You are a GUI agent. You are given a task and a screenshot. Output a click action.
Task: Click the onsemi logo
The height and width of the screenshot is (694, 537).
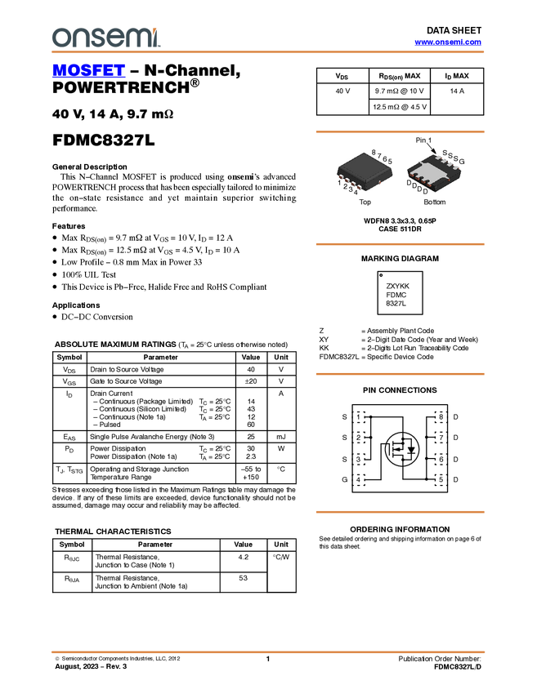(x=105, y=37)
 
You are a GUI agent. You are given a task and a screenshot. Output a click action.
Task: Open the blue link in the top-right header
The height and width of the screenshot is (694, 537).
(x=448, y=42)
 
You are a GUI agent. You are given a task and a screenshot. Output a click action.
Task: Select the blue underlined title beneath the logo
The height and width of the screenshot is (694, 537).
(x=88, y=72)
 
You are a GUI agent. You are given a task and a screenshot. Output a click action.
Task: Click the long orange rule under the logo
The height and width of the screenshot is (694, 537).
(x=268, y=52)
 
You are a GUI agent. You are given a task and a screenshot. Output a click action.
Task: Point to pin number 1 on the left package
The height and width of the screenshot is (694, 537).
(x=339, y=183)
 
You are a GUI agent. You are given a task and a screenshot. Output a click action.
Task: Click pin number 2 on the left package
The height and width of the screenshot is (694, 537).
(x=345, y=186)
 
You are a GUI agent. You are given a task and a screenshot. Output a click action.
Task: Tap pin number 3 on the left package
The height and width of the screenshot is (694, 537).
(x=351, y=189)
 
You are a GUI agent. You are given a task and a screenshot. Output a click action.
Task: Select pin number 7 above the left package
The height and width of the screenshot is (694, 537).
(x=379, y=156)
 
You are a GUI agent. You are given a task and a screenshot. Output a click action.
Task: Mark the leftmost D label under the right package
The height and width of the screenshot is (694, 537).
(x=409, y=184)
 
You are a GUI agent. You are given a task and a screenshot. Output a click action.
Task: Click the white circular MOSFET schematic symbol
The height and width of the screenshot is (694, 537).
(x=402, y=449)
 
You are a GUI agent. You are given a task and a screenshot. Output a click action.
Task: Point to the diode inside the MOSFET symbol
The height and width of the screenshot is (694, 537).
(x=411, y=449)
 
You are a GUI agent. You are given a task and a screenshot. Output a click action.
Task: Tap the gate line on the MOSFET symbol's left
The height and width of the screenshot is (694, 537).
(x=391, y=449)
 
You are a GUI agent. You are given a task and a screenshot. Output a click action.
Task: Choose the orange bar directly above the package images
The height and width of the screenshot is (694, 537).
(x=400, y=131)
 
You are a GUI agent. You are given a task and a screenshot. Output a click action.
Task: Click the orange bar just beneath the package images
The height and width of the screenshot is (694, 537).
(x=400, y=244)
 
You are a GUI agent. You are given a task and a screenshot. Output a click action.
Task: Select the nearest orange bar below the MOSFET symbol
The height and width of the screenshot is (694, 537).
(x=400, y=512)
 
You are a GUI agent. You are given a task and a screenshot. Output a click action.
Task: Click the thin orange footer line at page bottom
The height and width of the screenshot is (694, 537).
(x=268, y=652)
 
